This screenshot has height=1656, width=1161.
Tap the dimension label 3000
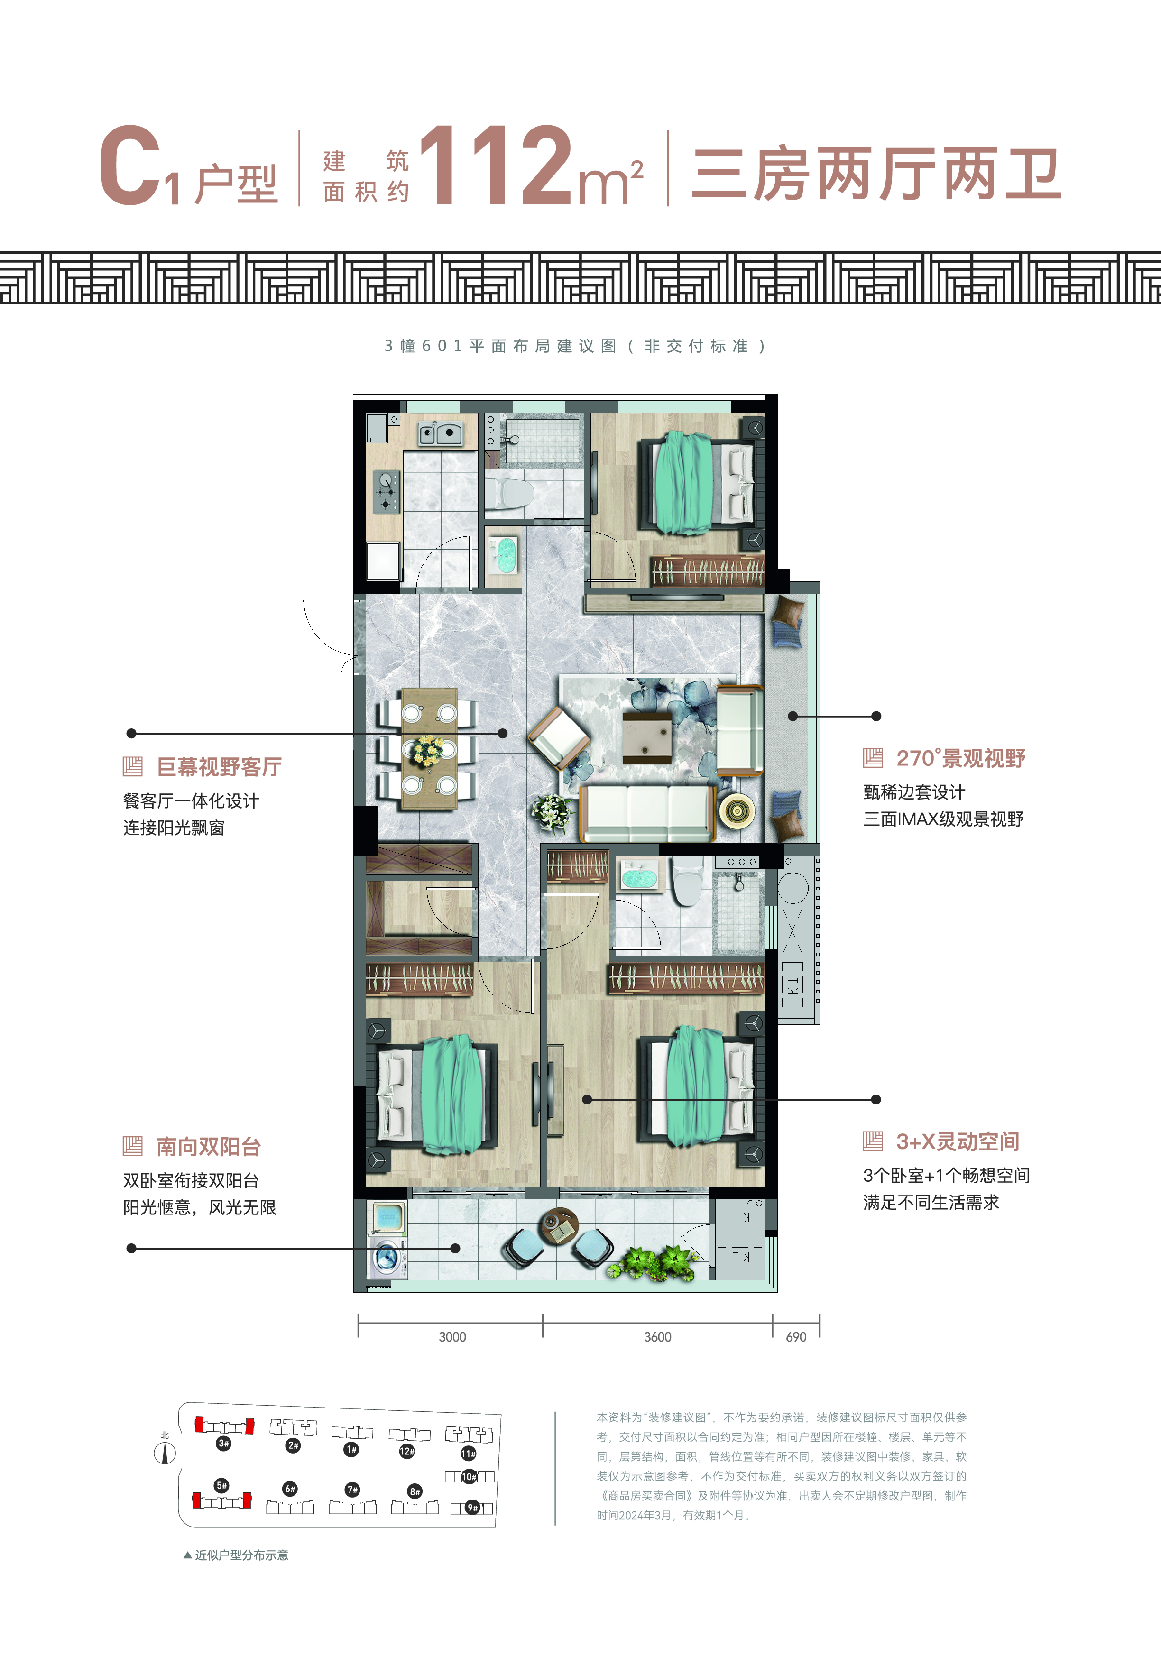click(452, 1336)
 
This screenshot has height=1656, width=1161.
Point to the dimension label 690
click(796, 1336)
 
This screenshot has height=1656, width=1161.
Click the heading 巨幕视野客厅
click(219, 767)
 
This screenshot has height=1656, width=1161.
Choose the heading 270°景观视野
click(960, 758)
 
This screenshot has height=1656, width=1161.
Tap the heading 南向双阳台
click(208, 1147)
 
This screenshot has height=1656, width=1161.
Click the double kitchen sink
click(441, 433)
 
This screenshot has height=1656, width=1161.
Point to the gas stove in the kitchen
click(387, 491)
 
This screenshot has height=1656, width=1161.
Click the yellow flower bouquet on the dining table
click(428, 750)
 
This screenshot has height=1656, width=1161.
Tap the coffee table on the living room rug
click(647, 737)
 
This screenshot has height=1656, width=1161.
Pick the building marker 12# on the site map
click(407, 1451)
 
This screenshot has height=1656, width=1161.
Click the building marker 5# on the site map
click(221, 1485)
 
